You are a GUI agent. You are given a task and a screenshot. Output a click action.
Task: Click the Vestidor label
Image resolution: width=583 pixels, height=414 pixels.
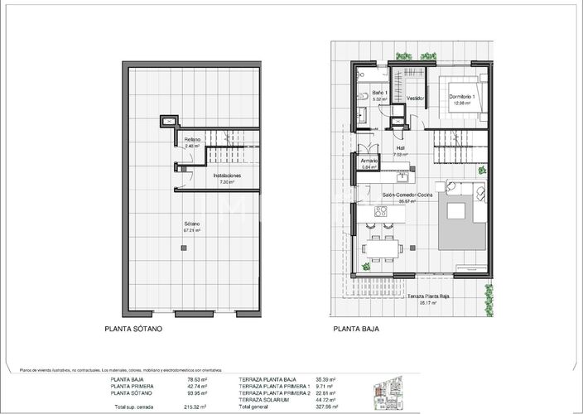point(415,98)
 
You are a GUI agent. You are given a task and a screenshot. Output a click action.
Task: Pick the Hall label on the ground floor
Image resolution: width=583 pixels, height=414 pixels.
point(400,148)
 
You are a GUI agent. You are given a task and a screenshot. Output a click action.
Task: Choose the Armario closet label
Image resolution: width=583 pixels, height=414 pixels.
point(369,161)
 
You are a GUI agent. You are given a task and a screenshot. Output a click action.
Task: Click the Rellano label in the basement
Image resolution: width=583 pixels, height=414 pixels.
point(192,139)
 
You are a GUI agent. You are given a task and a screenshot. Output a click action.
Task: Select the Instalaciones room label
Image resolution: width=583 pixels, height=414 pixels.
point(226,176)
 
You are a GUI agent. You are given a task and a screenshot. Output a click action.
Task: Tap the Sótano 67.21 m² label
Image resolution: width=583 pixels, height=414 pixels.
point(195,224)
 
